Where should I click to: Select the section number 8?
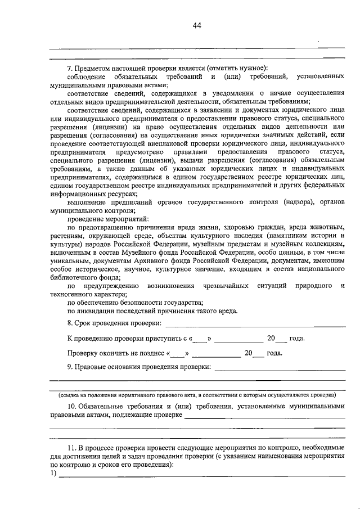pyautogui.click(x=69, y=323)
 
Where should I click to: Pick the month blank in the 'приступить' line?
pyautogui.click(x=238, y=339)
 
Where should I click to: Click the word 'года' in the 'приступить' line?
pyautogui.click(x=296, y=339)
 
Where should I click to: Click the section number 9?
pyautogui.click(x=69, y=368)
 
